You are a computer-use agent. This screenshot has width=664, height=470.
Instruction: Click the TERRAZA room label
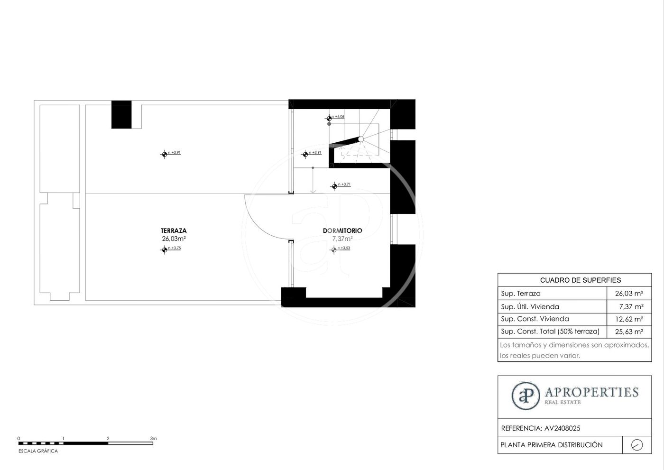point(174,230)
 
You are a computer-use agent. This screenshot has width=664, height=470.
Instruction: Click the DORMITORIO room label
point(342,230)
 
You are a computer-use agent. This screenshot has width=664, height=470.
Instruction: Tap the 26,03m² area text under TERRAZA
point(174,239)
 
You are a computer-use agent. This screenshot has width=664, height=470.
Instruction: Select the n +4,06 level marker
point(335,118)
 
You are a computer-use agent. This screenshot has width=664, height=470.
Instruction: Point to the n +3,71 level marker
point(341,185)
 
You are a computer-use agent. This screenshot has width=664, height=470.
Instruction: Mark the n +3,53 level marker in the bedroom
point(341,249)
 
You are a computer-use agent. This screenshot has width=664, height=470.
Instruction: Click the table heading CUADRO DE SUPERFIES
point(581,280)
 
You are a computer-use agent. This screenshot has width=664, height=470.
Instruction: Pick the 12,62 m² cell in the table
point(629,319)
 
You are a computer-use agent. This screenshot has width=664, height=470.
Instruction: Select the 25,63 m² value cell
point(629,332)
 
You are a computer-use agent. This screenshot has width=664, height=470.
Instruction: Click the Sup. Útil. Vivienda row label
point(530,306)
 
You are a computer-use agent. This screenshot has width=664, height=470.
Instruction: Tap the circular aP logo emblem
point(526,396)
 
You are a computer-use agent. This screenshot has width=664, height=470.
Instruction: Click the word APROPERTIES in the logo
point(592,392)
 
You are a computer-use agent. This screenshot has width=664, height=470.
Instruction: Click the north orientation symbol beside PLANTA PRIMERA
point(637,445)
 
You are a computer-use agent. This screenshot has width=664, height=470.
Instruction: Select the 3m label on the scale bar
point(153,438)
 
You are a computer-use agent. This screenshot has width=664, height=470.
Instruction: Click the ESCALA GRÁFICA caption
point(38,451)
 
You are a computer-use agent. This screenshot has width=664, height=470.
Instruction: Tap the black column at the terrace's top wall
point(121,114)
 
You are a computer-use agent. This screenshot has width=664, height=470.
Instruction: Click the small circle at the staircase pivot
point(361,139)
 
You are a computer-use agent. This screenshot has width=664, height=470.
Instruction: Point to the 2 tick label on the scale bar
point(108,438)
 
